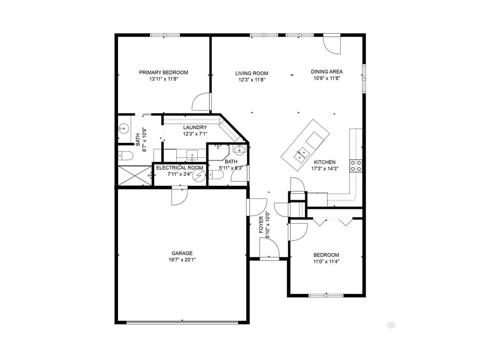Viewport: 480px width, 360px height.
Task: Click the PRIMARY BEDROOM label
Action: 163,73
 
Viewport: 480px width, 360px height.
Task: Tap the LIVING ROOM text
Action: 252,73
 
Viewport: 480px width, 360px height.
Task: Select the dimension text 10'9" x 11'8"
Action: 327,78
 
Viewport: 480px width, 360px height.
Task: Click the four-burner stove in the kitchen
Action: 356,165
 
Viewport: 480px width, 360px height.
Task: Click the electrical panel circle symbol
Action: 200,176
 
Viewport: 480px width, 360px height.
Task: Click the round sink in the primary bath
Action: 124,128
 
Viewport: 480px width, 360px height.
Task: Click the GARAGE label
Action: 182,253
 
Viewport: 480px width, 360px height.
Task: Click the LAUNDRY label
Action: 195,127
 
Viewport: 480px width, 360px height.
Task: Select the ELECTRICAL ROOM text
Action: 180,168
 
